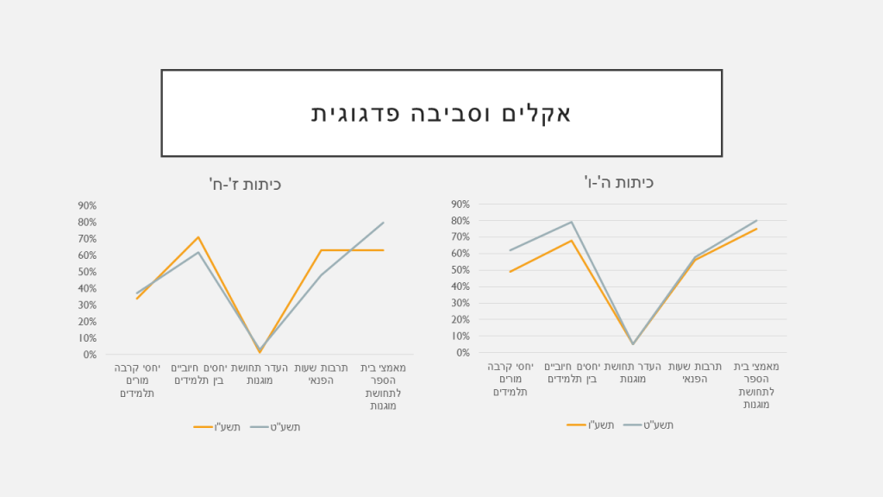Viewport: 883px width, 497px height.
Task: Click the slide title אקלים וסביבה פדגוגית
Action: pyautogui.click(x=441, y=113)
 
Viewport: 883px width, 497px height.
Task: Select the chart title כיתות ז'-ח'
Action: pyautogui.click(x=246, y=184)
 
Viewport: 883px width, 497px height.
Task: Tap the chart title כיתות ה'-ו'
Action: pyautogui.click(x=618, y=182)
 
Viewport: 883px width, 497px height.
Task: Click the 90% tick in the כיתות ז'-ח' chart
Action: pyautogui.click(x=87, y=205)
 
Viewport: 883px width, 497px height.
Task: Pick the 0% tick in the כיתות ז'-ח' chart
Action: pyautogui.click(x=90, y=355)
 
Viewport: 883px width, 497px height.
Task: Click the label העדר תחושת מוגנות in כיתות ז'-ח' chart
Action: pyautogui.click(x=260, y=374)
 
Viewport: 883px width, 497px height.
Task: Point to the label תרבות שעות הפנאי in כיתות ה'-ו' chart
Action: pyautogui.click(x=694, y=373)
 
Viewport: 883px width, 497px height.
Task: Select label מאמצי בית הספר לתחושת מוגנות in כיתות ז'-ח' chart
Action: pyautogui.click(x=383, y=387)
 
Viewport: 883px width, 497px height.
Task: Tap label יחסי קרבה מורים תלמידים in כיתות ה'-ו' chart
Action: pyautogui.click(x=510, y=379)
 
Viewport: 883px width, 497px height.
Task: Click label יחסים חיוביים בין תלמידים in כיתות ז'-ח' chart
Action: pyautogui.click(x=198, y=374)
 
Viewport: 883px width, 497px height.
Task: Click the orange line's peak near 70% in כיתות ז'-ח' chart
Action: pyautogui.click(x=198, y=237)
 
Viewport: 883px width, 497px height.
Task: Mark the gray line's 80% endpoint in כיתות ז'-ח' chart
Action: pyautogui.click(x=383, y=223)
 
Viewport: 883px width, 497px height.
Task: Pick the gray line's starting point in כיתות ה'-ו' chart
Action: pyautogui.click(x=510, y=250)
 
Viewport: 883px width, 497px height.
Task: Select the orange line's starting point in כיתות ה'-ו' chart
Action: pyautogui.click(x=510, y=272)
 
